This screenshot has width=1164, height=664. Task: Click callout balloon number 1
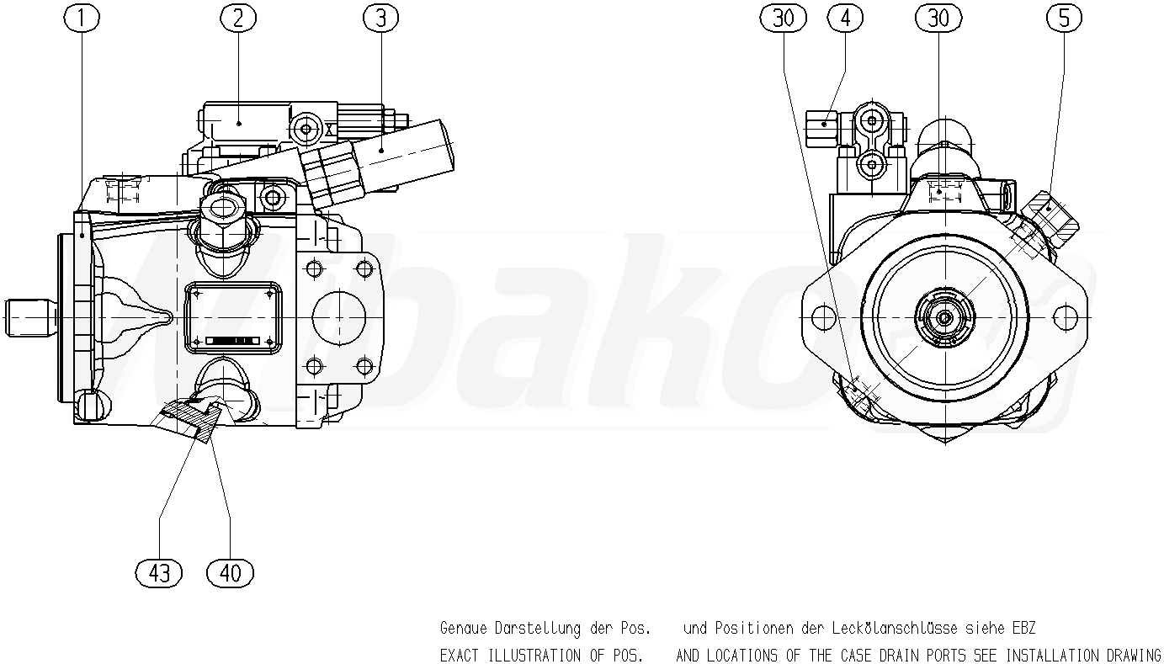(82, 19)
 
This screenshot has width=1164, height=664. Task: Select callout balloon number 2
(238, 19)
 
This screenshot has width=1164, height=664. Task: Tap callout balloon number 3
(381, 19)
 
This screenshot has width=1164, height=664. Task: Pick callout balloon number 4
(845, 19)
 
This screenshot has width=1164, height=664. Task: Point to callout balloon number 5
(1064, 19)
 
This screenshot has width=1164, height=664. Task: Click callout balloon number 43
(158, 573)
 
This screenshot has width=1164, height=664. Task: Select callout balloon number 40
(231, 573)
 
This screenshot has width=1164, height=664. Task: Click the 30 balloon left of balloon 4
(783, 19)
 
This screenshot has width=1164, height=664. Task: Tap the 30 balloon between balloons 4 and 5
(938, 19)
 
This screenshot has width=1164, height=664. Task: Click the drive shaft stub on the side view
(30, 317)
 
